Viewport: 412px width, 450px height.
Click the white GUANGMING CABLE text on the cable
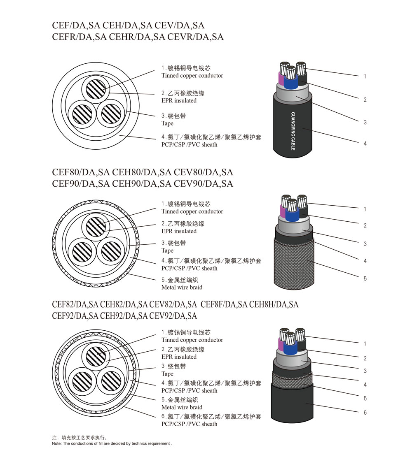pos(293,131)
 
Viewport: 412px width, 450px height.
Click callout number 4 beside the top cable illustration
pos(365,144)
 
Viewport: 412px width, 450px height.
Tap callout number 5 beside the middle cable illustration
pos(365,278)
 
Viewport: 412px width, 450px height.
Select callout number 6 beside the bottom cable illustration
pos(365,413)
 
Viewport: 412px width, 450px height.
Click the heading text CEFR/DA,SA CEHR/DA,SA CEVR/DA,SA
pos(138,37)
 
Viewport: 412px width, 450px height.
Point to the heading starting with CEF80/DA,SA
pos(143,172)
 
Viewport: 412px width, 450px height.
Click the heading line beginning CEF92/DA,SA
pos(124,316)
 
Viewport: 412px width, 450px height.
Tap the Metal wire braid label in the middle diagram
pos(182,287)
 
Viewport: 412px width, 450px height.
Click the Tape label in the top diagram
pos(168,123)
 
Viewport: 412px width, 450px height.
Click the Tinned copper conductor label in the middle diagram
pos(192,211)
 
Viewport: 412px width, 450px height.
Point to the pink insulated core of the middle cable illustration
pos(283,211)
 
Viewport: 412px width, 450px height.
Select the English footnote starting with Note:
pos(112,443)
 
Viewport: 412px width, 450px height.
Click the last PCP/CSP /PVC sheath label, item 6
pos(189,424)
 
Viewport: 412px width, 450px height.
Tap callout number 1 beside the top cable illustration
pos(365,76)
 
